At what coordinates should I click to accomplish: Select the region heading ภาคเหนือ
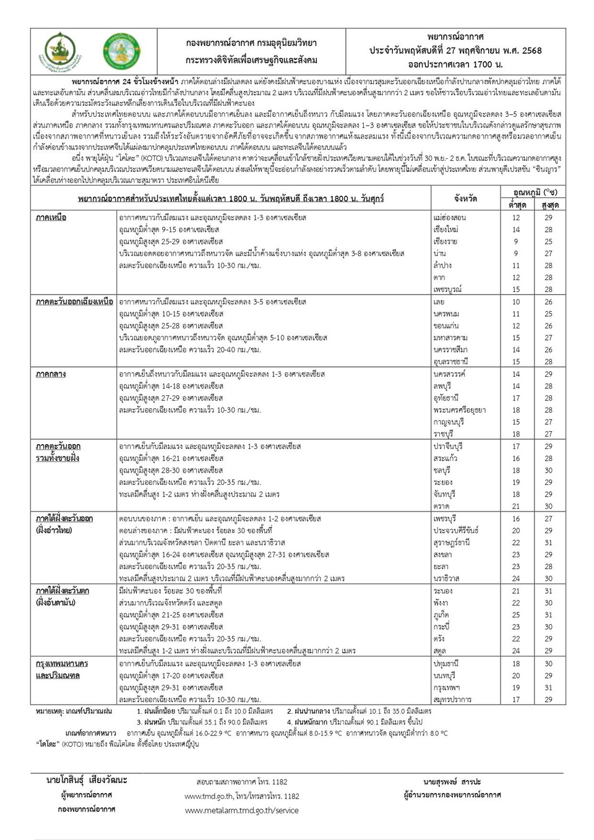tap(51, 218)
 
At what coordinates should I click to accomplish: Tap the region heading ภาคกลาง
tap(51, 374)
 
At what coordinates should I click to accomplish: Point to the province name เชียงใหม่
tap(446, 229)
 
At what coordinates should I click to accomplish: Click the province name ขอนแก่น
tap(446, 326)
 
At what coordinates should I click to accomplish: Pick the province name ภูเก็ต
tap(442, 615)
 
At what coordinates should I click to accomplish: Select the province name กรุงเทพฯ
tap(447, 687)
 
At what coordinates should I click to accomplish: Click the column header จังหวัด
tap(465, 199)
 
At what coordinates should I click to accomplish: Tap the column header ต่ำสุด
tap(517, 205)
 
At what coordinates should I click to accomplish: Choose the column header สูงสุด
tap(549, 205)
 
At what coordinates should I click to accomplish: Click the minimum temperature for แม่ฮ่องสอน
tap(516, 218)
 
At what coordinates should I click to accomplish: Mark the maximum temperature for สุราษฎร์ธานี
tap(548, 542)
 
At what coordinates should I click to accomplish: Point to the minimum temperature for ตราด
tap(516, 507)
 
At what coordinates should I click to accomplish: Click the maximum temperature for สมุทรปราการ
tap(548, 700)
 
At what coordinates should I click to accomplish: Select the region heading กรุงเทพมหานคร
tap(62, 664)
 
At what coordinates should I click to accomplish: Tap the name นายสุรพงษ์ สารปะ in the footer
tap(452, 782)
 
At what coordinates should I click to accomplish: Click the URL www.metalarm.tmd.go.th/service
tap(241, 810)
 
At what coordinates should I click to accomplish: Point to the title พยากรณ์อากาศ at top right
tap(455, 37)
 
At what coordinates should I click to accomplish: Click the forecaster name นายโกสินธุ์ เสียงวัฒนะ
tap(87, 780)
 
